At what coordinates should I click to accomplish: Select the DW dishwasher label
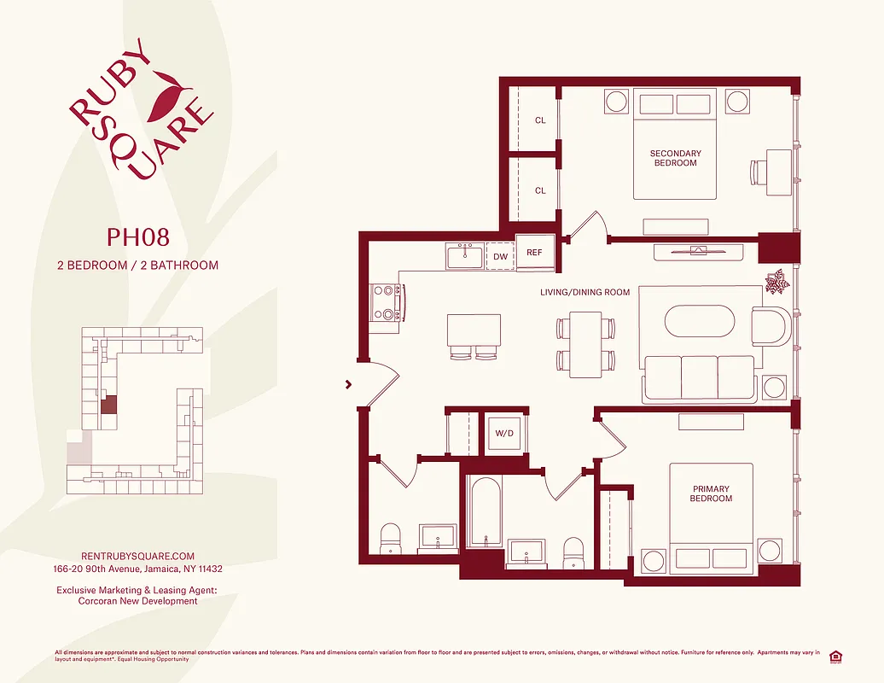pos(500,256)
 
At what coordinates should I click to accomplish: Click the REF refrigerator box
pos(534,253)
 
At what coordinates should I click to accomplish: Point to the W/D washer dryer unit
pos(503,433)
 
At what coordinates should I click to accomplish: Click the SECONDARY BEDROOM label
pos(675,159)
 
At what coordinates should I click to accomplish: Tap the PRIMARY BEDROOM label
pos(711,494)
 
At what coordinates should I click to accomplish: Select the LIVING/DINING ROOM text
pos(584,293)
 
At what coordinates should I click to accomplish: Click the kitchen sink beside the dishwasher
pos(465,255)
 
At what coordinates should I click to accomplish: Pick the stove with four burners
pos(386,302)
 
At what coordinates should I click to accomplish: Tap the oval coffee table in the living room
pos(699,324)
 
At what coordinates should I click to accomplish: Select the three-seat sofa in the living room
pos(699,378)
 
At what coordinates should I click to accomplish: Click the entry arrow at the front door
pos(348,384)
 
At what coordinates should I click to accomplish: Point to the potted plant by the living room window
pos(777,283)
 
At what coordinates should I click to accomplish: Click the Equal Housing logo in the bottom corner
pos(834,656)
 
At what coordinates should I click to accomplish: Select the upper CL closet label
pos(540,120)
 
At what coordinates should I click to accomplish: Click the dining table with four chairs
pos(586,345)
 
